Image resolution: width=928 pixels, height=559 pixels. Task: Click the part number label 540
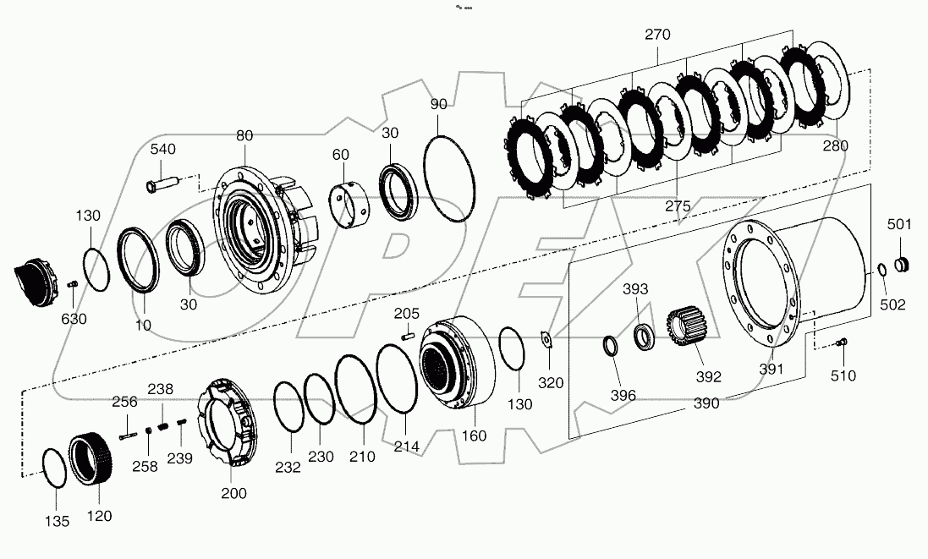click(163, 150)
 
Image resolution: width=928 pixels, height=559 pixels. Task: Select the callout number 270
click(657, 36)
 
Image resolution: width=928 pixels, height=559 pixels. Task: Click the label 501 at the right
click(899, 224)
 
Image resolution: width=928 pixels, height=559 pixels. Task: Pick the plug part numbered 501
click(902, 264)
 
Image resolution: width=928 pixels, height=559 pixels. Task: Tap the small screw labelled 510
click(840, 342)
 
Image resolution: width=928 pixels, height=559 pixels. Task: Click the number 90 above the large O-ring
click(438, 104)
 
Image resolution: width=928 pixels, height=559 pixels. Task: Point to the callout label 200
click(233, 494)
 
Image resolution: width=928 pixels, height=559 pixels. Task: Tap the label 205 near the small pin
click(406, 314)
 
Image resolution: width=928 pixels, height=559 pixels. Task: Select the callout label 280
click(834, 145)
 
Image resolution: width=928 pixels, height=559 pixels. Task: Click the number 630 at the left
click(72, 319)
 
